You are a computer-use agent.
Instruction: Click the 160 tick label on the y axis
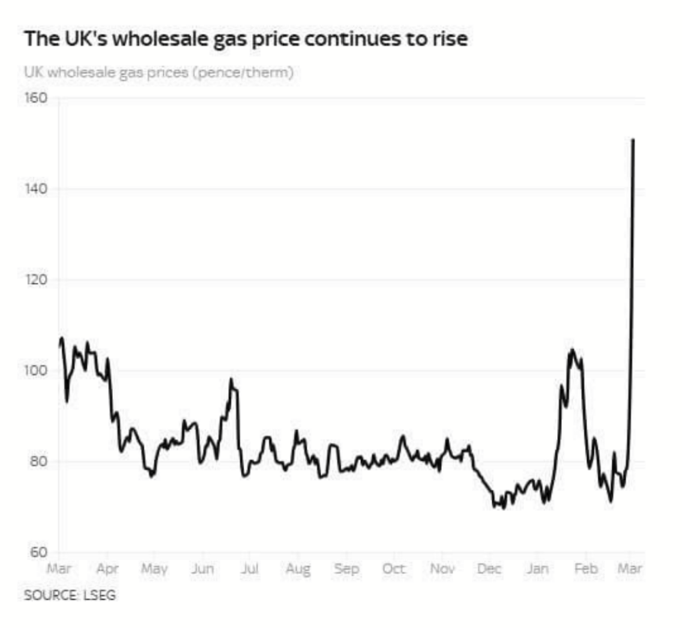[x=36, y=98]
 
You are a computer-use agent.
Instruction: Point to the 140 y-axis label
[x=36, y=189]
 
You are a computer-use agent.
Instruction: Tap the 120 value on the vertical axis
[x=36, y=280]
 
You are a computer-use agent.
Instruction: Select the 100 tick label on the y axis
[x=36, y=371]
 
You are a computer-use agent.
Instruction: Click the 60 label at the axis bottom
[x=37, y=552]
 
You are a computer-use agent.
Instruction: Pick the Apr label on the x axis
[x=107, y=568]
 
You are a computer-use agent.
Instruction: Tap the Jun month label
[x=202, y=568]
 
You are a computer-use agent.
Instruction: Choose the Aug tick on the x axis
[x=298, y=569]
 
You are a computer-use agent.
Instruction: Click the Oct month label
[x=394, y=568]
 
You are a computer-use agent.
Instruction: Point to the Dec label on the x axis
[x=489, y=568]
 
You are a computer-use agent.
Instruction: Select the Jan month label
[x=538, y=568]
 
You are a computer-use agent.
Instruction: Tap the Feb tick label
[x=586, y=568]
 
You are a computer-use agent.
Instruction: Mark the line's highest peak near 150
[x=633, y=140]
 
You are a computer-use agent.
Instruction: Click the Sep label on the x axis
[x=346, y=568]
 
